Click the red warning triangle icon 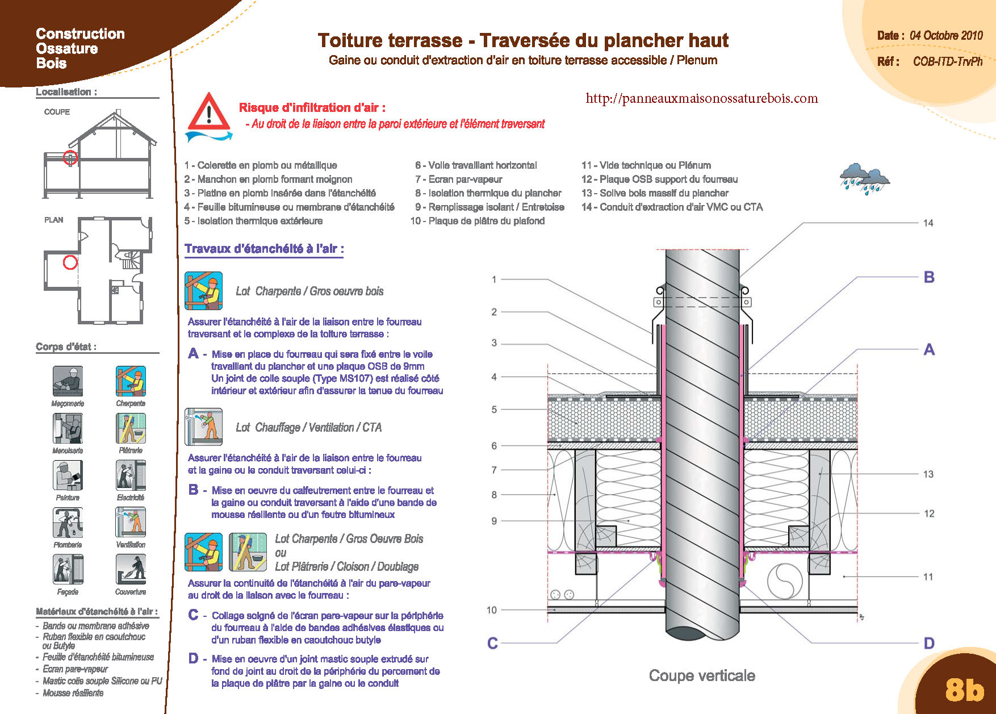tap(209, 112)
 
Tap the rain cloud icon tap(864, 178)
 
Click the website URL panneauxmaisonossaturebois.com tap(701, 98)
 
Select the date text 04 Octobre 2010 tap(946, 35)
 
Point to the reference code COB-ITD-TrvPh tap(947, 61)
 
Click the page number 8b tap(964, 690)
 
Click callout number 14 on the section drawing tap(928, 223)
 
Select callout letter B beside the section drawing tap(929, 277)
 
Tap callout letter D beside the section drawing tap(929, 643)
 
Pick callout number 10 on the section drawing tap(492, 610)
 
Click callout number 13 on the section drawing tap(928, 474)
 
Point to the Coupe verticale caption tap(702, 675)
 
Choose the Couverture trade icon tap(131, 569)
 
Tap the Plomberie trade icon tap(68, 522)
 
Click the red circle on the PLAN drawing tap(70, 262)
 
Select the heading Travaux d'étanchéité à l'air tap(264, 249)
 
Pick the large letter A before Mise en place tap(193, 354)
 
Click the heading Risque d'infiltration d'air tap(312, 107)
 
